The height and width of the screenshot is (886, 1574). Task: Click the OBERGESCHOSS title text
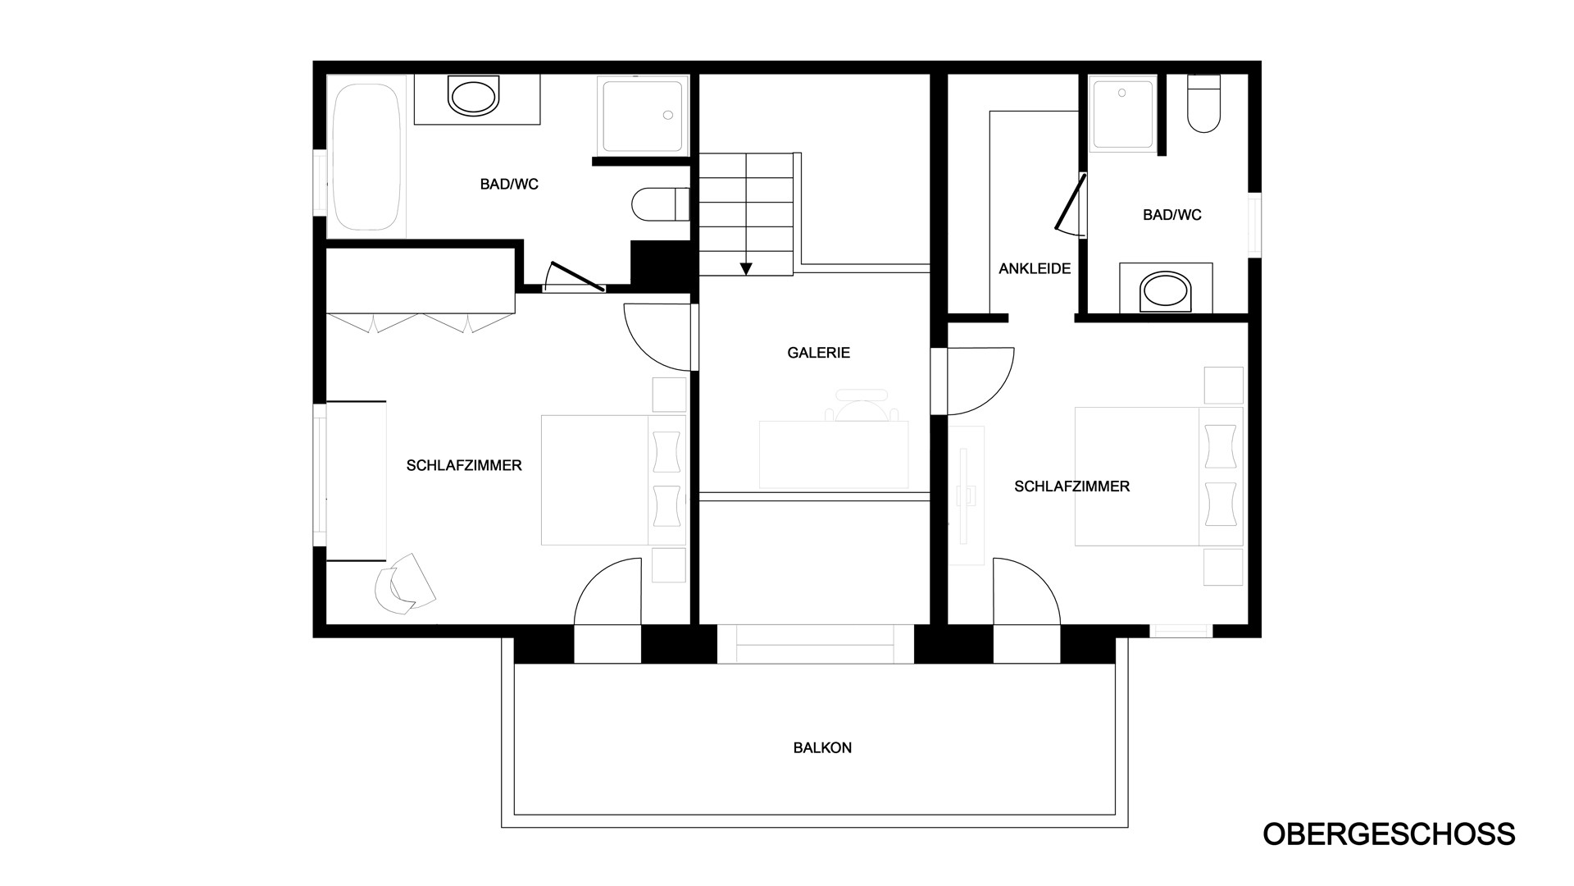coord(1389,833)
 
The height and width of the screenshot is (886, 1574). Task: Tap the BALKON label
coord(822,748)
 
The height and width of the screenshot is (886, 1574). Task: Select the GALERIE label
coord(818,353)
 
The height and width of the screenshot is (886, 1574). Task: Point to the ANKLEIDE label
coord(1035,268)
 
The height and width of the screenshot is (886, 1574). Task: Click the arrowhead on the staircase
coord(746,268)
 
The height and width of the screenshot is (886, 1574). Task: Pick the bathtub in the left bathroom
coord(366,156)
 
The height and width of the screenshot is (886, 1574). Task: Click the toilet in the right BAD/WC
coord(1203,103)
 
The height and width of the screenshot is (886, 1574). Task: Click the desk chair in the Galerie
coord(863,404)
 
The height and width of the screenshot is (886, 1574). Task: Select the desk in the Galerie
coord(834,454)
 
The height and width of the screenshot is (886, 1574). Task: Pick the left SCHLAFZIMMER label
coord(464,466)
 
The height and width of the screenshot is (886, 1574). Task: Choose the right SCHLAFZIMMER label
coord(1071,486)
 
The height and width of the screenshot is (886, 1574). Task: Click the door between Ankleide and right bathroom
coord(1071,203)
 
